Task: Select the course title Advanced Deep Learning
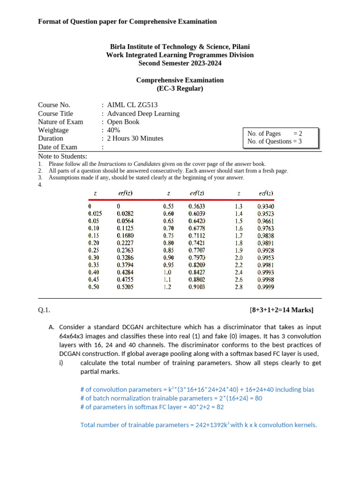coord(143,113)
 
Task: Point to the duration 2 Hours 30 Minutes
coord(135,138)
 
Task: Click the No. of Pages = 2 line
coord(275,134)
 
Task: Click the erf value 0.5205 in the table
coord(125,287)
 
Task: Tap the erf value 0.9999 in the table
coord(266,287)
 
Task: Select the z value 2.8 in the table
coord(239,287)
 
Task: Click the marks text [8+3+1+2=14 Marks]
coord(281,310)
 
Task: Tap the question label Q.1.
coord(44,310)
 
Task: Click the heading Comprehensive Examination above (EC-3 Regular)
coord(180,80)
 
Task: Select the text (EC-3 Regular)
coord(180,89)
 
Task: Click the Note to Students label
coord(62,156)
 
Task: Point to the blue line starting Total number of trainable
coord(199,425)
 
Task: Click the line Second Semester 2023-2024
coord(180,63)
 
